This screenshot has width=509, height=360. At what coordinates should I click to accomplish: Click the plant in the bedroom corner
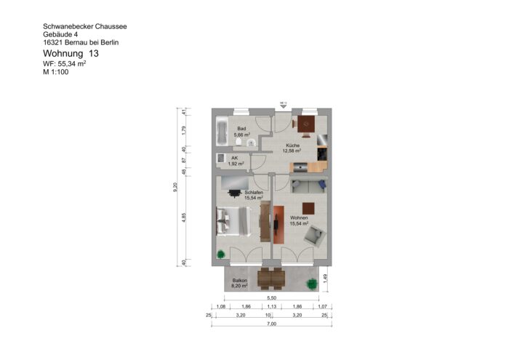(220, 254)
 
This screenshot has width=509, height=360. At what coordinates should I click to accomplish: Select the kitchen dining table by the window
(307, 123)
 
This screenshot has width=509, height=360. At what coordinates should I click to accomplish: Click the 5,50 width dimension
(272, 298)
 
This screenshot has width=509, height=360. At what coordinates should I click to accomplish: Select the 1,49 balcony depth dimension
(327, 276)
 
